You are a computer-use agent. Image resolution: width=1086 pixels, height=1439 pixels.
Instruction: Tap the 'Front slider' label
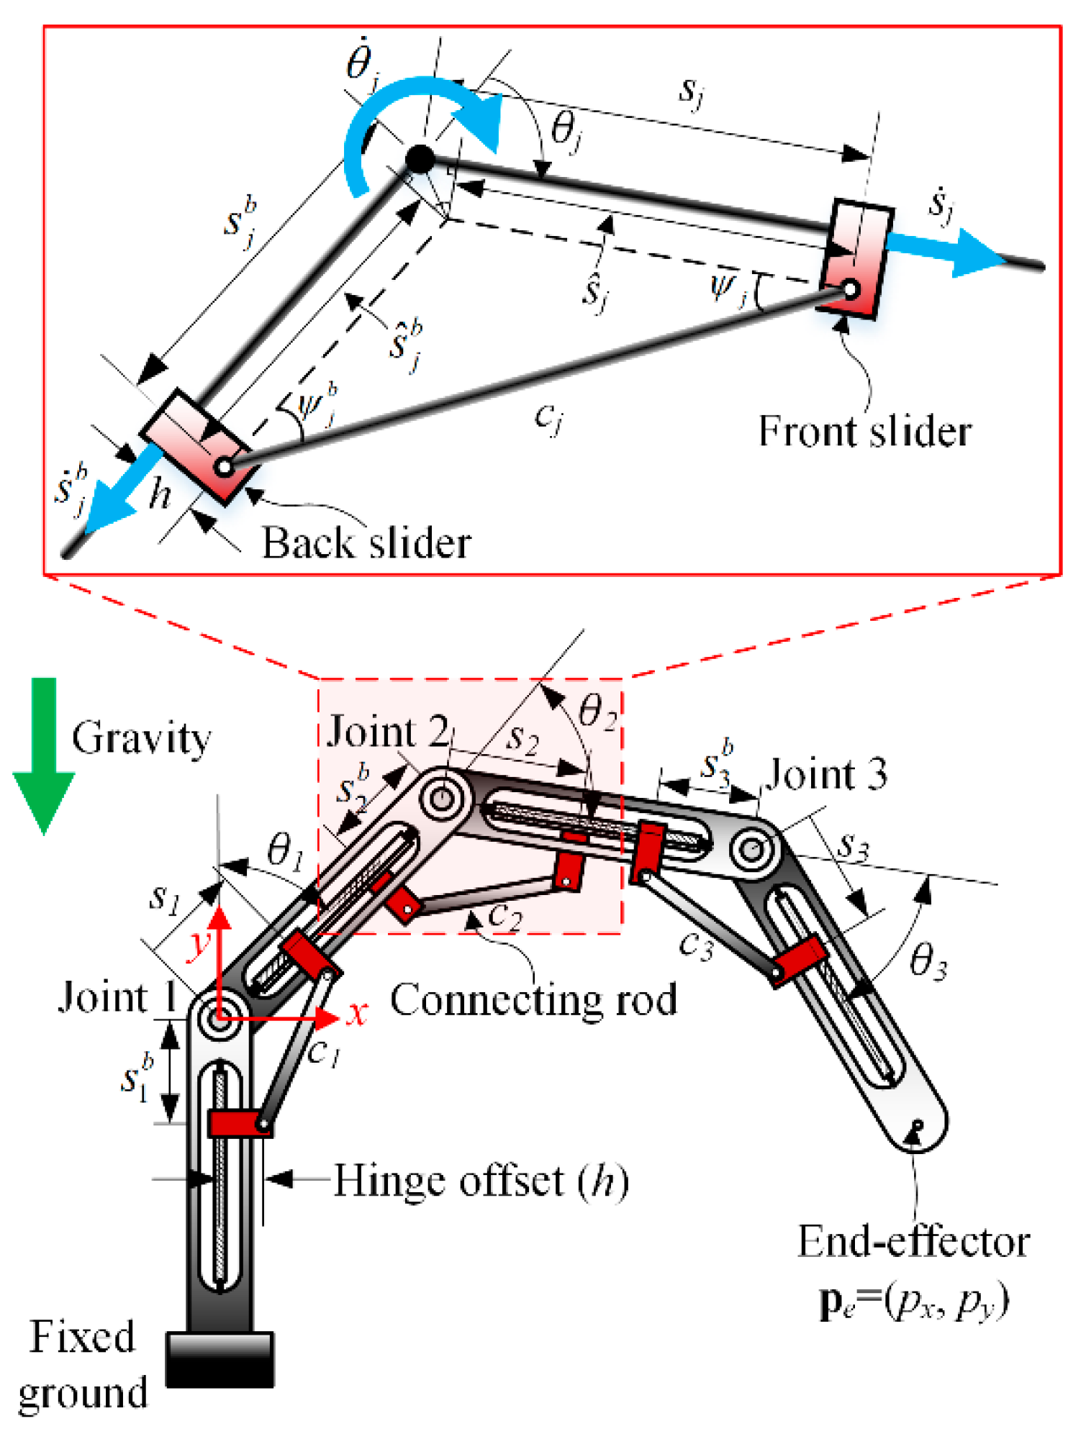(x=864, y=432)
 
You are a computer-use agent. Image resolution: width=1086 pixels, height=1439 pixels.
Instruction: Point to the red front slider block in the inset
(x=856, y=259)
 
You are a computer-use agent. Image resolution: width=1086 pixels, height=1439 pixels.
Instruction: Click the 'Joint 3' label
(x=826, y=775)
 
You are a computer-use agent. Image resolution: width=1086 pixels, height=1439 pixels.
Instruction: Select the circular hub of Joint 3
(x=753, y=850)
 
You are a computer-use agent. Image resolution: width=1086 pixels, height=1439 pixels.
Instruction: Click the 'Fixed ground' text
(x=83, y=1364)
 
